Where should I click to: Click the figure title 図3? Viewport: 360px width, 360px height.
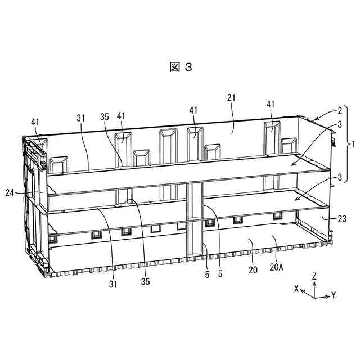(180, 67)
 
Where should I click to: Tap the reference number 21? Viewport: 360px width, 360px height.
(231, 97)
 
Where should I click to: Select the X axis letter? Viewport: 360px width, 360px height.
(296, 287)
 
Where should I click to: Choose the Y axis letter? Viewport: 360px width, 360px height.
(334, 295)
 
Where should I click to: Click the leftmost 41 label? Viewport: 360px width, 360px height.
(35, 121)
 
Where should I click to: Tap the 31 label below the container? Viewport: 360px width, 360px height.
(114, 284)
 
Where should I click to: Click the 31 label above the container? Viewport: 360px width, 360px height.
(80, 118)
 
